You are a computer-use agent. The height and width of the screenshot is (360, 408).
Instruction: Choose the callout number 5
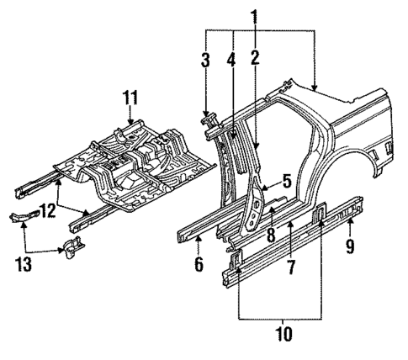click(x=286, y=180)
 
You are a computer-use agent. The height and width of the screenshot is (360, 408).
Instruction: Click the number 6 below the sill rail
click(x=199, y=264)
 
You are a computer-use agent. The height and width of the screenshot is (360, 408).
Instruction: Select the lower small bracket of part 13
click(x=72, y=250)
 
